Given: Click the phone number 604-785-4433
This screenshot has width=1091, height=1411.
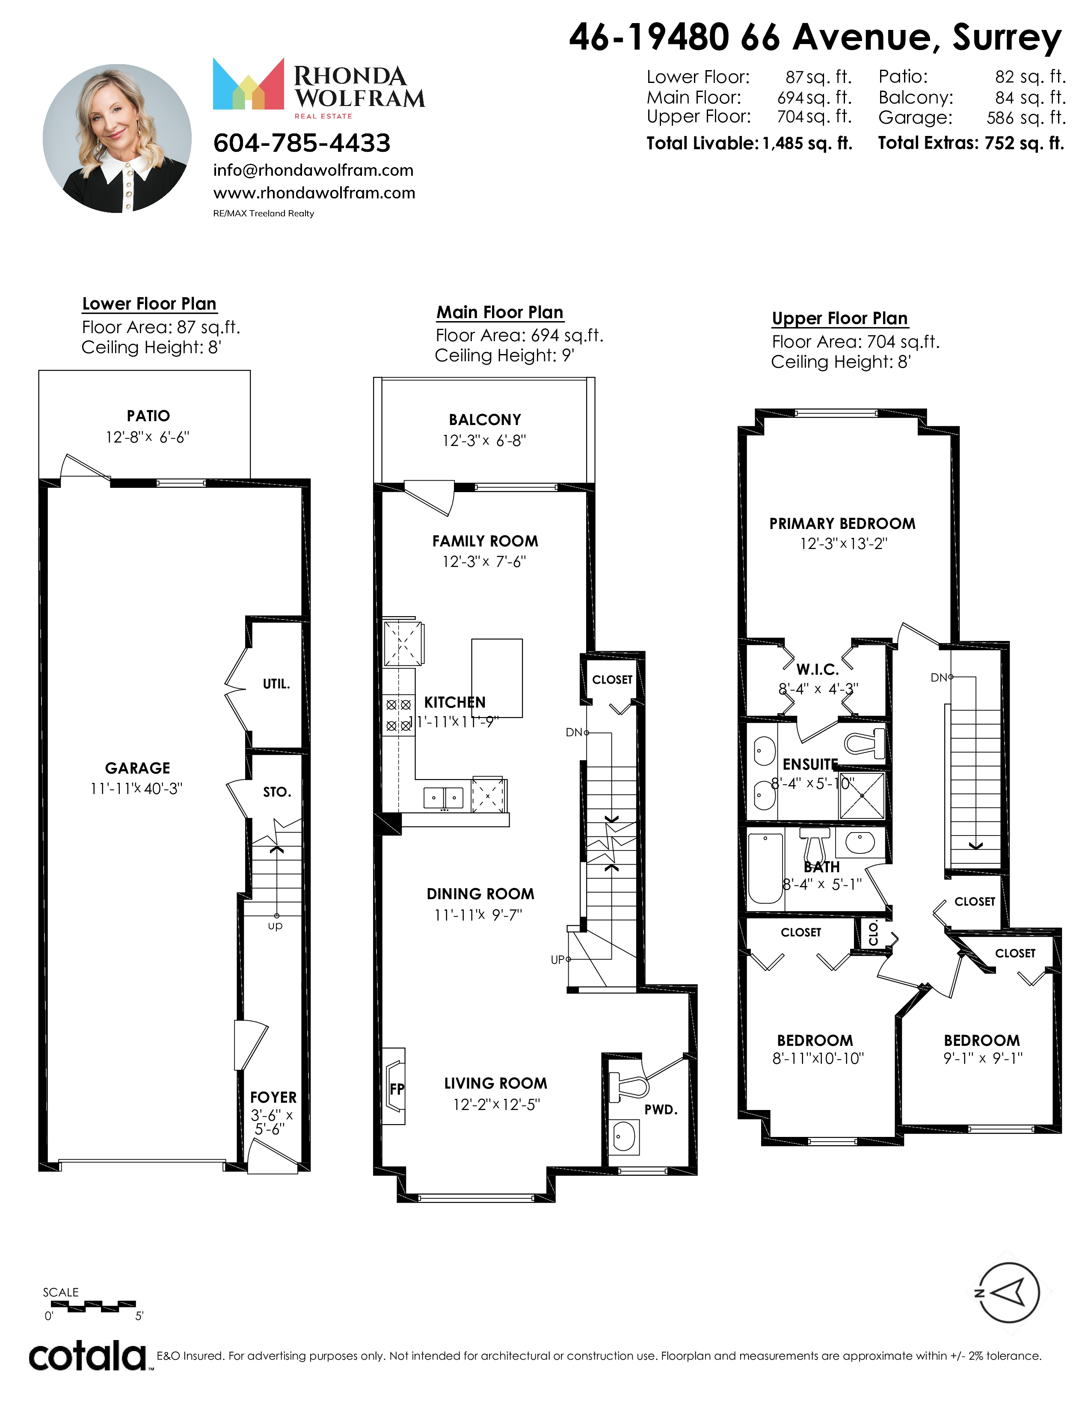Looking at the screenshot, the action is tap(302, 143).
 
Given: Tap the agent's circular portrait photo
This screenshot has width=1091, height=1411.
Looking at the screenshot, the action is tap(117, 138).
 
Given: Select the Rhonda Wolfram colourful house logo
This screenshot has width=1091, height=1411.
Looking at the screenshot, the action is tap(248, 84).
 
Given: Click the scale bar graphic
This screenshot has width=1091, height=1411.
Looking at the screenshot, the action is tap(90, 1306).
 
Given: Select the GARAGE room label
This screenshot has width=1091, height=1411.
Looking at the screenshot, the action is tap(138, 768).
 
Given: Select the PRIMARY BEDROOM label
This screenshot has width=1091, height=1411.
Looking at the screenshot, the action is tap(842, 523).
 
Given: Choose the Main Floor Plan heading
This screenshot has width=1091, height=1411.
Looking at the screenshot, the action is tap(500, 313).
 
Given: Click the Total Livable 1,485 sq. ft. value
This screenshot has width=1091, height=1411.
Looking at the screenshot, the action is tap(807, 143).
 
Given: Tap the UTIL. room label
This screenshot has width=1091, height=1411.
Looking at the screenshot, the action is tap(276, 684).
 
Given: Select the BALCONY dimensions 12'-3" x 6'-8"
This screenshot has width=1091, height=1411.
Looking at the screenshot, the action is tap(484, 440).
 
